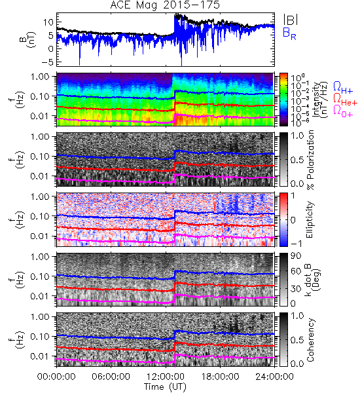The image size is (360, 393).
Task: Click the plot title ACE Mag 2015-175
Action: point(165,5)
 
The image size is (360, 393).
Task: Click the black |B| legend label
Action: point(291,20)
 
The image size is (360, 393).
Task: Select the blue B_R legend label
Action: point(289,33)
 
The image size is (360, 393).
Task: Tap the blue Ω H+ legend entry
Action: point(343,88)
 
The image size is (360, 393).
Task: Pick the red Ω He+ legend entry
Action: point(345,100)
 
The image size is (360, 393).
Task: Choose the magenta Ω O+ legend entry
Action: point(343,111)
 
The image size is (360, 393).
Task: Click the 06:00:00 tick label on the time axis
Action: point(111,377)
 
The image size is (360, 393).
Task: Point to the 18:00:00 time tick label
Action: point(220,377)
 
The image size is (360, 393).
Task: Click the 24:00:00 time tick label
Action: point(274,377)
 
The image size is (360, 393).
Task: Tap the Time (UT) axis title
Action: point(165,386)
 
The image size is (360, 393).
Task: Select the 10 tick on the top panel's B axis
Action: point(48,22)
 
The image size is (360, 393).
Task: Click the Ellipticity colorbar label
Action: point(310,219)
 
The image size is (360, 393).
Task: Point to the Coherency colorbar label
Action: point(310,340)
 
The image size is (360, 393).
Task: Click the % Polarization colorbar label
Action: point(310,160)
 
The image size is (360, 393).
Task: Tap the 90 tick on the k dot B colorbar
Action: point(296,255)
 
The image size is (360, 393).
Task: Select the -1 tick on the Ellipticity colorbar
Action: point(296,244)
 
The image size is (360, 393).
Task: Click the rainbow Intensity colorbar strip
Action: point(283,100)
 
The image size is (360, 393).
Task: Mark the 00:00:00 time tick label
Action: point(56,377)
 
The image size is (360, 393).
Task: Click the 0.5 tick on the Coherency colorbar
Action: point(297,340)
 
